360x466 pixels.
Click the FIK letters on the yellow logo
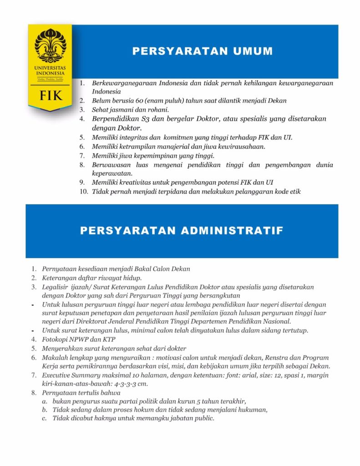[x=49, y=96]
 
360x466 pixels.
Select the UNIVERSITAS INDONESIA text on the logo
[x=50, y=70]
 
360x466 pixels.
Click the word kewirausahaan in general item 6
[x=241, y=146]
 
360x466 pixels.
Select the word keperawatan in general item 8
[x=112, y=173]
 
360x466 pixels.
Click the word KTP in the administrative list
[x=106, y=339]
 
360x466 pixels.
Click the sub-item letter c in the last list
[x=44, y=418]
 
